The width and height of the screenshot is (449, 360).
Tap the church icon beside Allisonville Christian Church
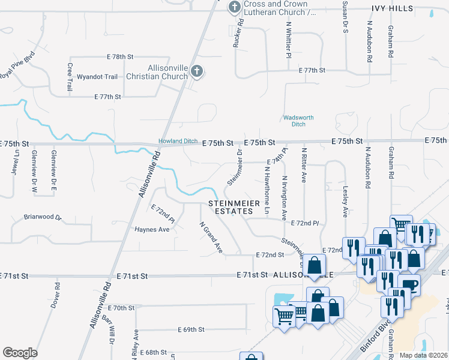pos(196,73)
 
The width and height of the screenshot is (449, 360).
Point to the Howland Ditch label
pos(178,141)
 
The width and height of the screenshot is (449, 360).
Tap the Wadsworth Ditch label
pos(294,121)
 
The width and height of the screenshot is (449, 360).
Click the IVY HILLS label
pos(392,8)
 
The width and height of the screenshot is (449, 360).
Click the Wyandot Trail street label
pos(97,77)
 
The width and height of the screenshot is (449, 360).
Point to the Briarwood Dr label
pos(42,217)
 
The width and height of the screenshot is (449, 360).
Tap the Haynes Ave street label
pos(152,229)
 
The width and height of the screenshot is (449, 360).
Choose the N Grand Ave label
pos(211,237)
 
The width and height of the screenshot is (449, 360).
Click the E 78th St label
pos(119,56)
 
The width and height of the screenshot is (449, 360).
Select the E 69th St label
pos(191,329)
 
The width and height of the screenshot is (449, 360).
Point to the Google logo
pos(20,353)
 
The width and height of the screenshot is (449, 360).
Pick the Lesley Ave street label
pos(345,205)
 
